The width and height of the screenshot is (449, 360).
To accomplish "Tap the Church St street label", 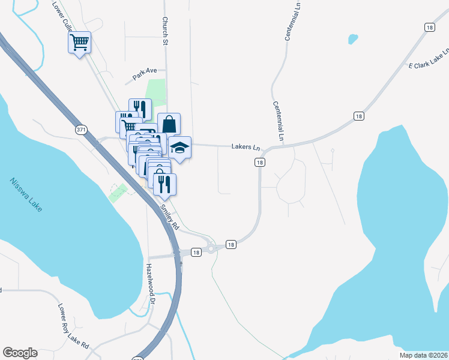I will [x=164, y=31].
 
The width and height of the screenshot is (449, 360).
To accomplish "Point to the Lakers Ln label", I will [x=246, y=147].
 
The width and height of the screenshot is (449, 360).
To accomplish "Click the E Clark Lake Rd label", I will [x=428, y=62].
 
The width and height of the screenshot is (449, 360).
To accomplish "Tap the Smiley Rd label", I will [x=169, y=217].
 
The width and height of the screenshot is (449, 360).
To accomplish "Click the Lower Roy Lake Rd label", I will [x=73, y=327].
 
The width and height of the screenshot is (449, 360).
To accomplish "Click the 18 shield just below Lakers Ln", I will [x=259, y=163].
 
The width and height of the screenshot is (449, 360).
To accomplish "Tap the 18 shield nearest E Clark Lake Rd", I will [x=429, y=27].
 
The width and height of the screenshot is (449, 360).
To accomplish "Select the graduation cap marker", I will [x=179, y=148].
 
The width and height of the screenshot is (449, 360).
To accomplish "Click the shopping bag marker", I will [x=169, y=124].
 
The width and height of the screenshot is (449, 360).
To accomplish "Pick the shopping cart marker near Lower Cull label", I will [x=79, y=43].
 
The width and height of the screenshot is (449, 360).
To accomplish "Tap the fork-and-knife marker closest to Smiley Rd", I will [x=164, y=184].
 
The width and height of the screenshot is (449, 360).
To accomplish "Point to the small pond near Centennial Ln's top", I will [x=353, y=40].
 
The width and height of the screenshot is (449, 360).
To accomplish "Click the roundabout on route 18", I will [x=211, y=248].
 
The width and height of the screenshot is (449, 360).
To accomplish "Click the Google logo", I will [x=20, y=353].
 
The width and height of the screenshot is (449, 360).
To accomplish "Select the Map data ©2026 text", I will [x=423, y=355].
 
